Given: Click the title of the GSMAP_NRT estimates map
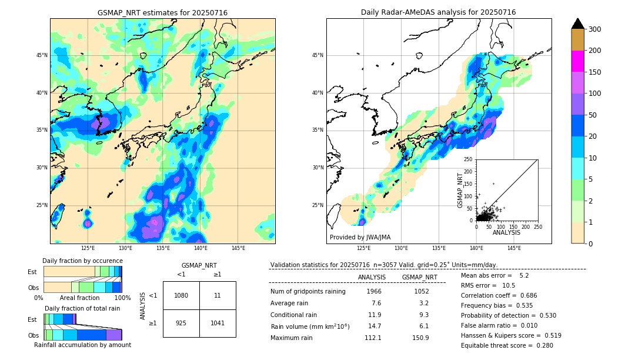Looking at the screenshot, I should pyautogui.click(x=162, y=12).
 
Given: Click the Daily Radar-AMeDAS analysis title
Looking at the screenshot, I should pyautogui.click(x=438, y=12).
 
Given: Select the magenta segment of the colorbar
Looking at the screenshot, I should pyautogui.click(x=578, y=61).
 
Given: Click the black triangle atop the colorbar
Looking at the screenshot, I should pyautogui.click(x=578, y=24).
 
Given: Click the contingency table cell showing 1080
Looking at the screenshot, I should pyautogui.click(x=181, y=295).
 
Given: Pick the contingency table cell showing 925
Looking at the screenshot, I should pyautogui.click(x=181, y=324).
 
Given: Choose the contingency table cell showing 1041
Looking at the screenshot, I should pyautogui.click(x=218, y=324).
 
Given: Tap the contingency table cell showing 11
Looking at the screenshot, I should pyautogui.click(x=218, y=295).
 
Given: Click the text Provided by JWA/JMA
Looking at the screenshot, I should pyautogui.click(x=360, y=238).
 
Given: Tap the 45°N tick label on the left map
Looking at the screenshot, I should pyautogui.click(x=42, y=55).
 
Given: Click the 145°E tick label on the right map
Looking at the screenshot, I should pyautogui.click(x=514, y=248).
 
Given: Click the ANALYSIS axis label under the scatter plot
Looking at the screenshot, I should pyautogui.click(x=506, y=233).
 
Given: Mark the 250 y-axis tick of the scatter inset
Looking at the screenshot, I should pyautogui.click(x=469, y=159).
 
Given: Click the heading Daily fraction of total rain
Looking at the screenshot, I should pyautogui.click(x=82, y=308).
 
